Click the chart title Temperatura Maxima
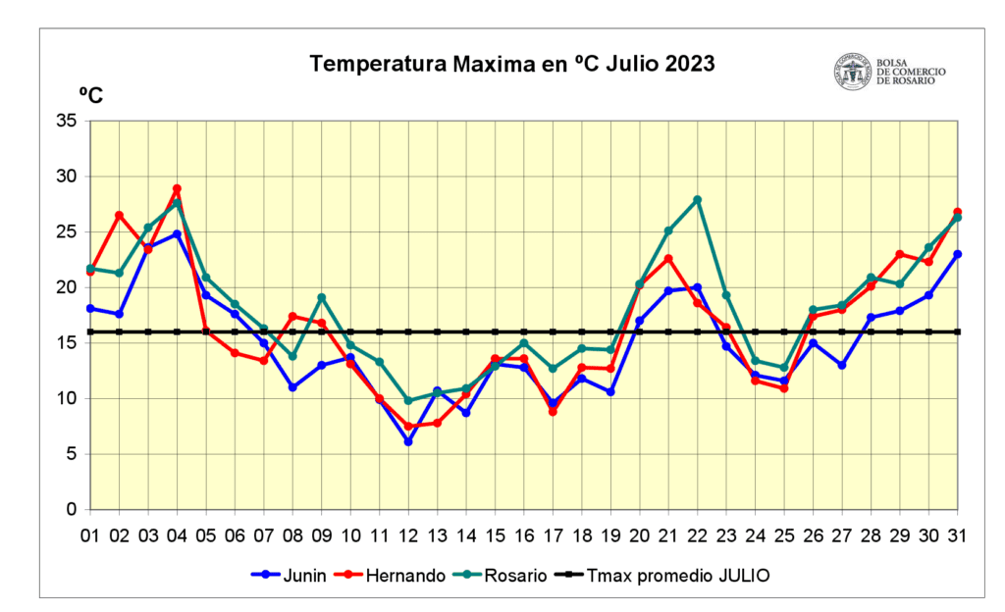[x=512, y=65]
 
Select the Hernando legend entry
[x=392, y=576]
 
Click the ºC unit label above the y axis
[x=90, y=95]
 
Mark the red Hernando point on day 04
[x=177, y=188]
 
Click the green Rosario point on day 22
[x=698, y=200]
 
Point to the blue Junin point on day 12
[x=408, y=441]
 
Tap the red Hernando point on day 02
[x=119, y=215]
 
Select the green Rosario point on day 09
[x=322, y=297]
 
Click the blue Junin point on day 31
[x=958, y=254]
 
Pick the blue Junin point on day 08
[x=292, y=387]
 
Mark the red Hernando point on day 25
[x=784, y=388]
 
